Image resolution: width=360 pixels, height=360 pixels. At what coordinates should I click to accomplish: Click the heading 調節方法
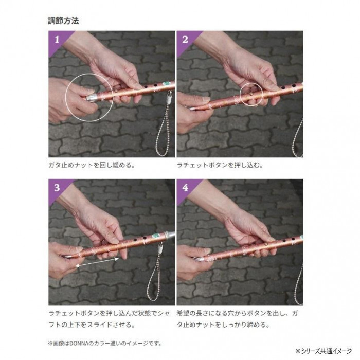(x=63, y=21)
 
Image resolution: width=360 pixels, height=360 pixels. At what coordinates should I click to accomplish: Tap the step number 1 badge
(x=57, y=40)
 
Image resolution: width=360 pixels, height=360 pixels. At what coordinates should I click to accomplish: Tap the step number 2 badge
(x=185, y=40)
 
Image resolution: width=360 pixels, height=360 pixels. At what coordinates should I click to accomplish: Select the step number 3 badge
(x=57, y=188)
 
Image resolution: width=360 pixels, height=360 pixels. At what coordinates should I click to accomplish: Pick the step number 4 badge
(x=185, y=188)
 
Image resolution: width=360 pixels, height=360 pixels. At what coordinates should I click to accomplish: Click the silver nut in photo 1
(x=92, y=98)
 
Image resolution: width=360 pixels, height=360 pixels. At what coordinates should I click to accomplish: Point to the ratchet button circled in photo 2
(x=251, y=94)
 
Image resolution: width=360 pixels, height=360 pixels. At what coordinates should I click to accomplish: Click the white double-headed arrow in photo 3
(x=97, y=262)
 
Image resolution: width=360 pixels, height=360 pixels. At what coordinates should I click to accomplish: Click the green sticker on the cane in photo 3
(x=157, y=236)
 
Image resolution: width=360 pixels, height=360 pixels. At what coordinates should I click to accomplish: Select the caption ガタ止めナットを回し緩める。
(x=92, y=165)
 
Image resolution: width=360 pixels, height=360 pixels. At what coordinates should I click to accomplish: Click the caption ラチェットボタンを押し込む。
(x=220, y=165)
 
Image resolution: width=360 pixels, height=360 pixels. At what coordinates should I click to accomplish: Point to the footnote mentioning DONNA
(x=105, y=344)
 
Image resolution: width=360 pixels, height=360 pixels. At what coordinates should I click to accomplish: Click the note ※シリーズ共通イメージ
(x=323, y=351)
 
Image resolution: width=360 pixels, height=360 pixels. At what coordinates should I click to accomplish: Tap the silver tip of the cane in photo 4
(x=200, y=259)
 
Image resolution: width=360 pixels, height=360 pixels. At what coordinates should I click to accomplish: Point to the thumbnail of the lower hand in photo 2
(x=205, y=99)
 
